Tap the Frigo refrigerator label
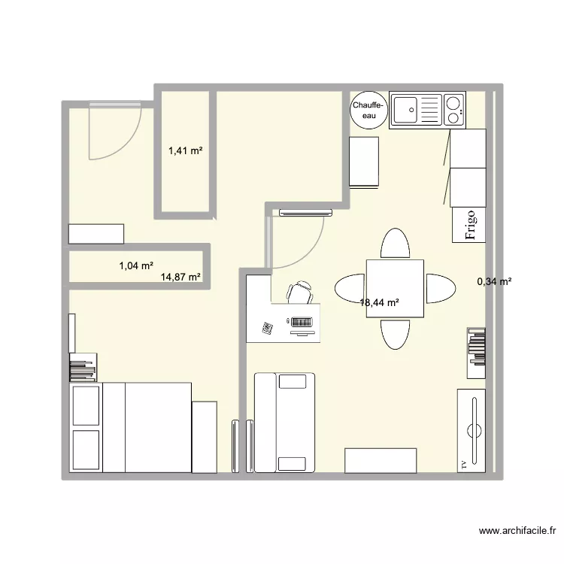coord(471,223)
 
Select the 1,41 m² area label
coord(186,151)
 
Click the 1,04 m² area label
coord(136,265)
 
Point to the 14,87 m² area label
coord(180,277)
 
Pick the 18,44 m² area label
coord(379,303)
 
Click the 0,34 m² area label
coord(494,282)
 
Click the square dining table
coord(395,288)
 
